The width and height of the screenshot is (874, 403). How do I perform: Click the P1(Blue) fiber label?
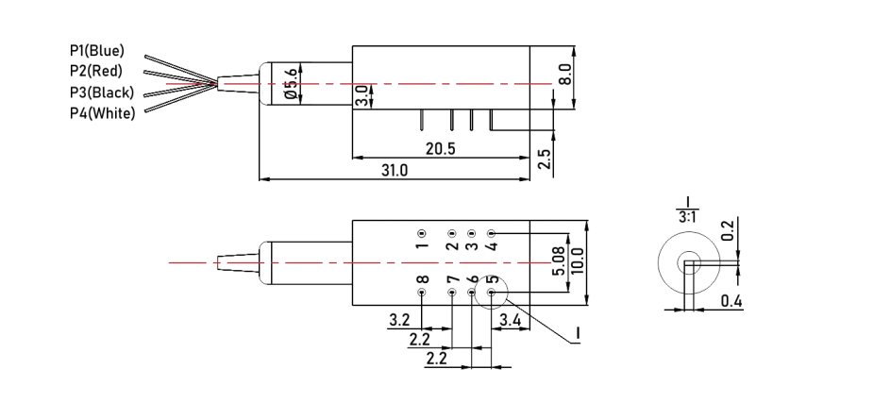tap(96, 50)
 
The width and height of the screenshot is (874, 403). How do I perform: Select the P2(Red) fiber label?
tap(95, 71)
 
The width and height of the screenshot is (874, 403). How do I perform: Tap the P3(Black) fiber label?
tap(101, 92)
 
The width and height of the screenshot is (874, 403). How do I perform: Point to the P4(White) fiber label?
tap(101, 113)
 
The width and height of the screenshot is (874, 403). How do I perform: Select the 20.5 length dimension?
tap(441, 149)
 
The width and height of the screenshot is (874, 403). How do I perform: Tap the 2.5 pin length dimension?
tap(544, 158)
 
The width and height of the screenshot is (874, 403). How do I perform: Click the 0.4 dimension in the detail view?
tap(731, 301)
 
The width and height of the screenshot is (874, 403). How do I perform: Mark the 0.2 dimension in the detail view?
tap(727, 231)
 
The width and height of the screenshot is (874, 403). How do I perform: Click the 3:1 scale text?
tap(689, 218)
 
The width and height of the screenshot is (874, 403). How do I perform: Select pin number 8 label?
tap(422, 279)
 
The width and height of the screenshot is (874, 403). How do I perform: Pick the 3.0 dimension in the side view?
tap(361, 96)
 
